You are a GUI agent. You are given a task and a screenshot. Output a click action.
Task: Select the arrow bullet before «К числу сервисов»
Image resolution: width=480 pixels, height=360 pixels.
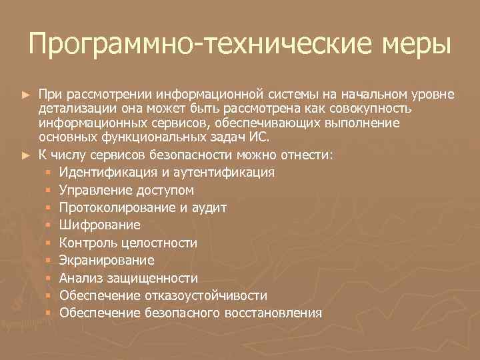point(26,156)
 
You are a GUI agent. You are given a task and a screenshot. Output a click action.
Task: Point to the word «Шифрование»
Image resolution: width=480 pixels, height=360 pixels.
point(99,225)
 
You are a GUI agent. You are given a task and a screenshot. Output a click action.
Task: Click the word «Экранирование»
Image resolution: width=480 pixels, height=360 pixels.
point(107,260)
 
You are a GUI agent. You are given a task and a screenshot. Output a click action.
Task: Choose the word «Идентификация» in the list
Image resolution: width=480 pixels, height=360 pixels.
point(107,173)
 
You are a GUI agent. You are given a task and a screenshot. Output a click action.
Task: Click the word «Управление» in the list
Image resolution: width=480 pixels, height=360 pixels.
point(93,191)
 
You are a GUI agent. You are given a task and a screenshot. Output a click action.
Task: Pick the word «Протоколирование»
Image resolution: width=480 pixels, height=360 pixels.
point(117,208)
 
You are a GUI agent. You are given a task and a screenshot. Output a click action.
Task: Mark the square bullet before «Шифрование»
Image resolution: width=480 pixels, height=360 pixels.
point(49,225)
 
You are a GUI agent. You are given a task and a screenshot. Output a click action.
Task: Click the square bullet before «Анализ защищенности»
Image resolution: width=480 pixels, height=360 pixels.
point(49,277)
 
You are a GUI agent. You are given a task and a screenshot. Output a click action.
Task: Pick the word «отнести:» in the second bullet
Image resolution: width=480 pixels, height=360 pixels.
point(309,156)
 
